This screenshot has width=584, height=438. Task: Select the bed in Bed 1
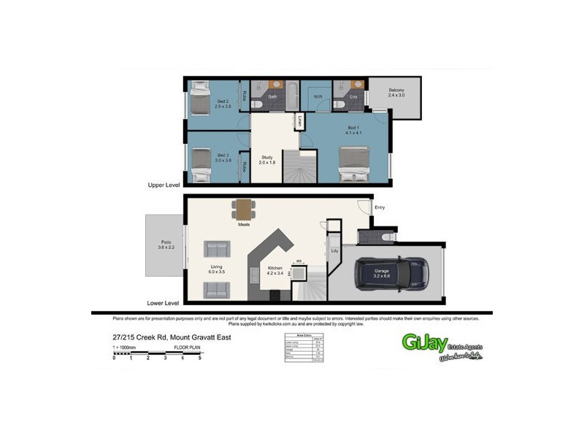354,164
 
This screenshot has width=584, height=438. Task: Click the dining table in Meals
243,210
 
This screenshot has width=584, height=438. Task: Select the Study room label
266,158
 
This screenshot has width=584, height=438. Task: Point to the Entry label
379,208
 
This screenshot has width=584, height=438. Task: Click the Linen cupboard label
300,120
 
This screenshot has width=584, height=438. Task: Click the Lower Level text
163,302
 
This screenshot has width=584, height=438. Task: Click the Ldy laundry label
334,251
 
